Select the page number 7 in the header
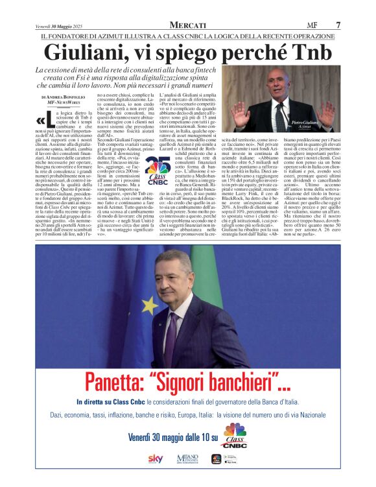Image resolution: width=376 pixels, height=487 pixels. (338, 25)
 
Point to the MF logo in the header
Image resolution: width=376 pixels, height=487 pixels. (314, 25)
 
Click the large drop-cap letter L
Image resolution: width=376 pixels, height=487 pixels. (41, 119)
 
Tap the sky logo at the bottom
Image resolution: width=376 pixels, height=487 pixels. (155, 458)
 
